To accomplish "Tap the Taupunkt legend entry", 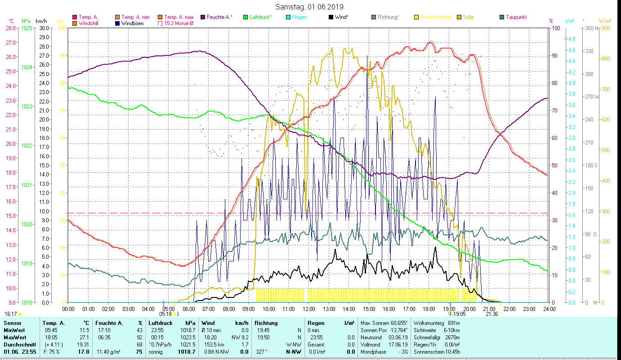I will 516,17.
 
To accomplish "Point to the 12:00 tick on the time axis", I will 308,309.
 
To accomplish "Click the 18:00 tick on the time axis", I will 429,309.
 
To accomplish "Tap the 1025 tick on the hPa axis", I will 27,28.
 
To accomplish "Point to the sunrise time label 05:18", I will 166,314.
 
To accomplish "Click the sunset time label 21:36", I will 492,314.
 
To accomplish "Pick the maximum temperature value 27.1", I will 84,337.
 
